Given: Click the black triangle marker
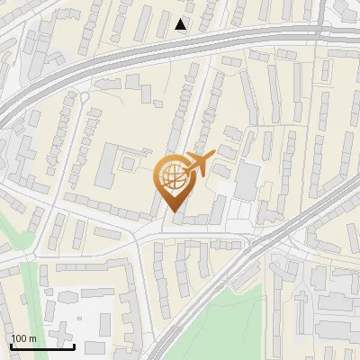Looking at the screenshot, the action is (x=181, y=25).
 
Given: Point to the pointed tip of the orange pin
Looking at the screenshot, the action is (x=172, y=212).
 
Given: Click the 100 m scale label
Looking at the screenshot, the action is (x=24, y=338).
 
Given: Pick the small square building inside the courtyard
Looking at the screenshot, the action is (x=128, y=165).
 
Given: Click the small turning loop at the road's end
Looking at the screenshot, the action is (x=84, y=96).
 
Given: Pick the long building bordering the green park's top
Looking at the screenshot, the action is (x=243, y=275).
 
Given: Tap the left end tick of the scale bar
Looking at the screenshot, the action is (x=12, y=346).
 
